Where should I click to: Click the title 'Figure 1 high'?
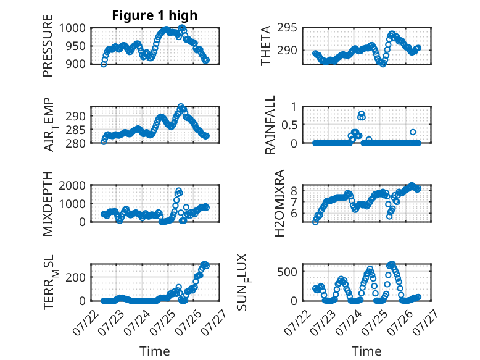click(x=155, y=15)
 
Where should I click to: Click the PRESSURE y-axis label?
click(x=48, y=46)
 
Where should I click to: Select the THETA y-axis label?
click(x=266, y=46)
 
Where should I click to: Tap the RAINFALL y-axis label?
click(x=270, y=125)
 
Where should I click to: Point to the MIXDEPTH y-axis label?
click(x=48, y=204)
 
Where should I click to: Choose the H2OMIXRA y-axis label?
click(x=279, y=203)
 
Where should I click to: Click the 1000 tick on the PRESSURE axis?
click(x=72, y=28)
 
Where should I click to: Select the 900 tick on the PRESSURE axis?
click(x=75, y=64)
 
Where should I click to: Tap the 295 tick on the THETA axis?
click(x=287, y=28)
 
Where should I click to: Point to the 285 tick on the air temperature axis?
click(x=75, y=130)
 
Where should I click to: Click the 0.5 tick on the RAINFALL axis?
click(x=289, y=125)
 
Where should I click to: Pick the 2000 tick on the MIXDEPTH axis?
click(x=72, y=185)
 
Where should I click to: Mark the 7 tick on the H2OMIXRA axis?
click(x=294, y=202)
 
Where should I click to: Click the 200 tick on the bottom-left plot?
click(x=75, y=277)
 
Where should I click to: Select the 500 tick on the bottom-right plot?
click(x=287, y=272)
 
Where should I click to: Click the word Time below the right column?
click(x=366, y=351)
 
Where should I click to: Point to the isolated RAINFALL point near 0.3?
click(x=413, y=132)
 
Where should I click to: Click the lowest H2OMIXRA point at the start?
click(x=315, y=222)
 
